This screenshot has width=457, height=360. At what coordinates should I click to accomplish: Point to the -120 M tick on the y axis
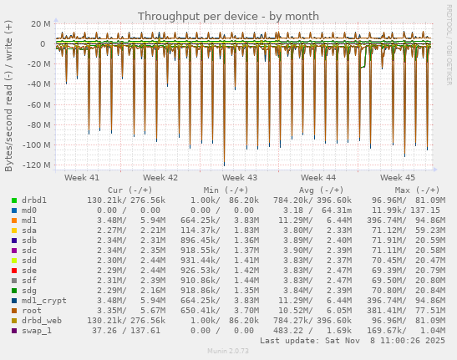coord(37,165)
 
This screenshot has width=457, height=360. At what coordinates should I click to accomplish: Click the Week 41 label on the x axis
coord(82,178)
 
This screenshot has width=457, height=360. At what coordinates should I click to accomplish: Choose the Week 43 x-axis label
coord(240,178)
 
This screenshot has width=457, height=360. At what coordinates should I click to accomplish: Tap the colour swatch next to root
coord(14,309)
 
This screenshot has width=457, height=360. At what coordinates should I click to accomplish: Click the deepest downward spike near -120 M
coord(223,164)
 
